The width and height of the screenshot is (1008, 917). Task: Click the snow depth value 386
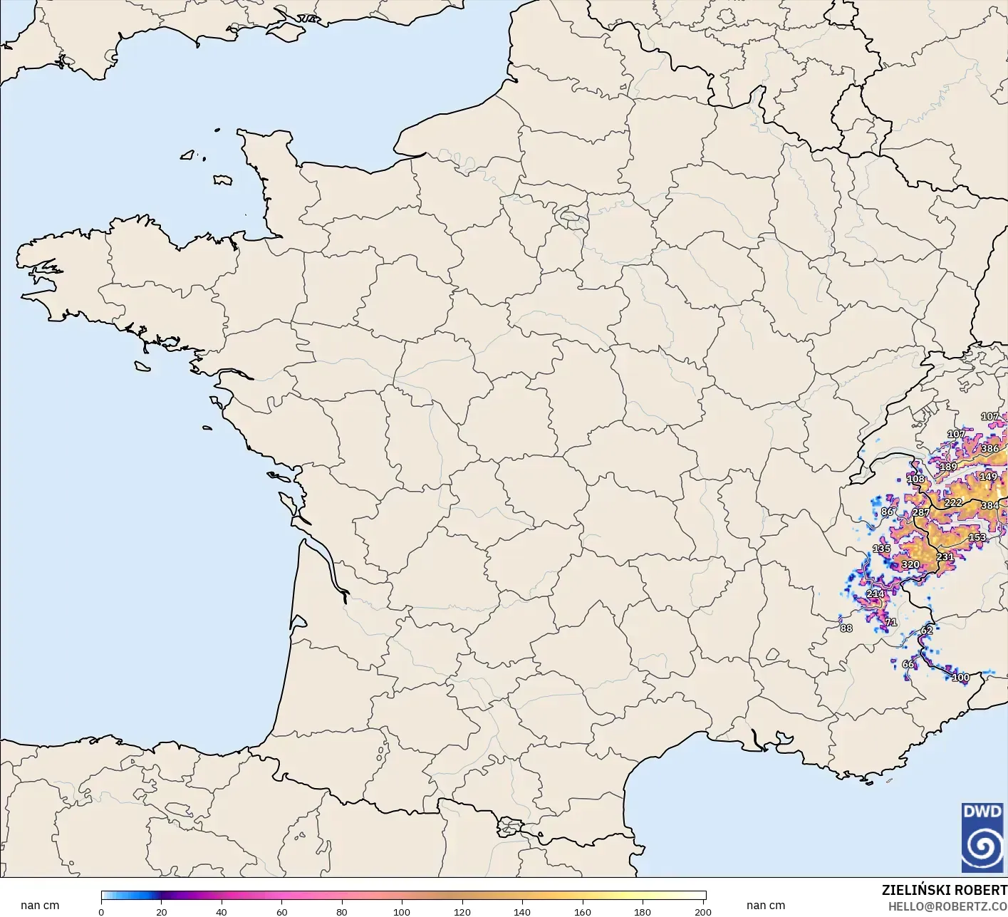tap(989, 449)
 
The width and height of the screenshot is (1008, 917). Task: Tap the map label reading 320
tap(910, 564)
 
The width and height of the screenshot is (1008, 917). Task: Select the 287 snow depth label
tap(921, 512)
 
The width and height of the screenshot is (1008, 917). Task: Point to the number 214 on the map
tap(875, 594)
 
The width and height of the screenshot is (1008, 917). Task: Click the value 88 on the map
tap(846, 628)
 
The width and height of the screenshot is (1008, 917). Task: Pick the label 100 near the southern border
tap(961, 678)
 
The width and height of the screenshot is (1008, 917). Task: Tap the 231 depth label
tap(945, 557)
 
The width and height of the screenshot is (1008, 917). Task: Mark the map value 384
tap(989, 506)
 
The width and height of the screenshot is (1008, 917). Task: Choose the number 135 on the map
tap(881, 549)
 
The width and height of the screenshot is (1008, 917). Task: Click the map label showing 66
tap(908, 664)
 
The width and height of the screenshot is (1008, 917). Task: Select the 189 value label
tap(948, 467)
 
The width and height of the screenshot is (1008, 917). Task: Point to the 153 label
tap(977, 537)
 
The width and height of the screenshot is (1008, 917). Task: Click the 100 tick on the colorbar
tap(402, 911)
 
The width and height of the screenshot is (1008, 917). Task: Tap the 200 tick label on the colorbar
tap(702, 911)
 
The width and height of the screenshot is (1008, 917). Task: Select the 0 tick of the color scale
tap(101, 911)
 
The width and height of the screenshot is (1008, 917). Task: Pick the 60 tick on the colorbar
tap(281, 911)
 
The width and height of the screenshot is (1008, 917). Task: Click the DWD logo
tap(982, 837)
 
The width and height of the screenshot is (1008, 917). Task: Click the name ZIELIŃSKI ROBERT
tap(944, 890)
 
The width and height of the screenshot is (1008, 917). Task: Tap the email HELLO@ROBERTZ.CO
tap(947, 906)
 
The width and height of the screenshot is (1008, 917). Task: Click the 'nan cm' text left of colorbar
tap(40, 906)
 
